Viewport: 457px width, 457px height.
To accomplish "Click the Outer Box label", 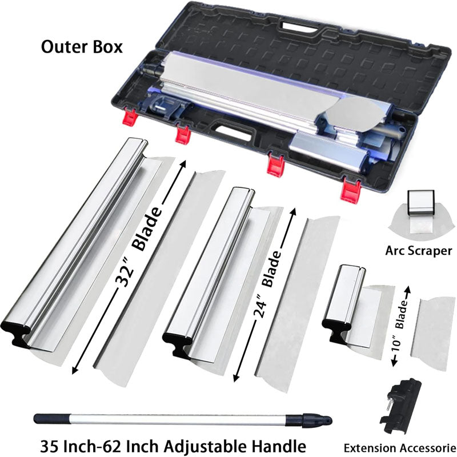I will point(82,47).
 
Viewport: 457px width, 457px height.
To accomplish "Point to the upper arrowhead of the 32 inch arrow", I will point(183,163).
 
